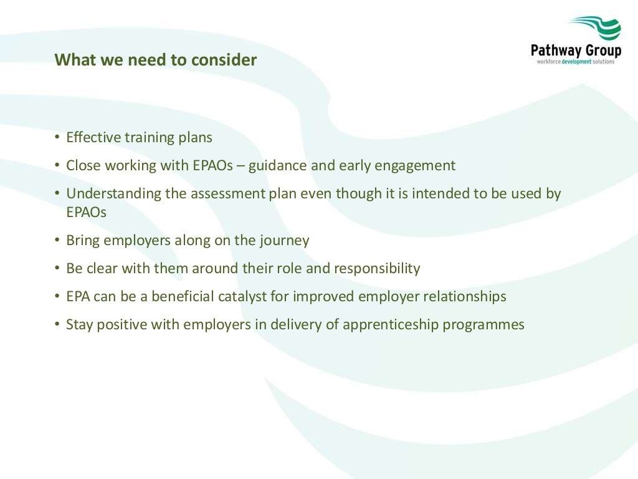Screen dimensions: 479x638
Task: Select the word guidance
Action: pyautogui.click(x=276, y=166)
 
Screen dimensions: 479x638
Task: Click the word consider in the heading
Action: pyautogui.click(x=224, y=60)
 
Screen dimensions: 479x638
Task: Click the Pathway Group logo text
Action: pyautogui.click(x=576, y=50)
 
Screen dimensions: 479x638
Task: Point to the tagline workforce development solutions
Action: pyautogui.click(x=576, y=62)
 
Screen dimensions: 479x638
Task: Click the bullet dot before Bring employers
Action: pyautogui.click(x=57, y=240)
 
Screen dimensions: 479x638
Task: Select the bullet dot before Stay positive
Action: pyautogui.click(x=57, y=324)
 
